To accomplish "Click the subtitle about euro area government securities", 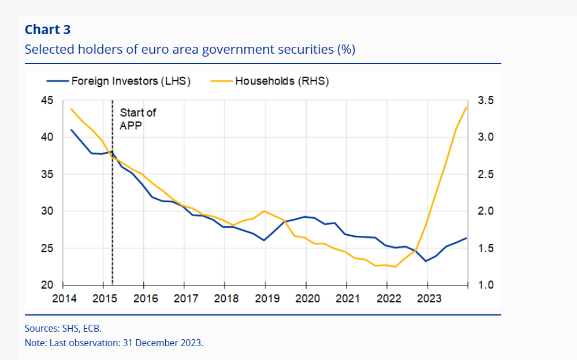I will click(x=189, y=49).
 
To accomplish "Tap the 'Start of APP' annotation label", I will click(x=137, y=118).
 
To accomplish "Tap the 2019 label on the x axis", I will click(x=265, y=299).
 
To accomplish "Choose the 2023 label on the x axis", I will click(x=427, y=299).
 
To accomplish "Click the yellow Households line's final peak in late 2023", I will click(x=466, y=107).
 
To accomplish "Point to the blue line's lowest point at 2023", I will click(x=426, y=261).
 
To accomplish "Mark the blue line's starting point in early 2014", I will click(x=71, y=129).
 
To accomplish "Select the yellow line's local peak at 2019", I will click(x=264, y=211).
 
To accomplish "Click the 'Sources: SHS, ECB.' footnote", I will click(x=63, y=328).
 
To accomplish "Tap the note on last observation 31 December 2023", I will click(x=114, y=343).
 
